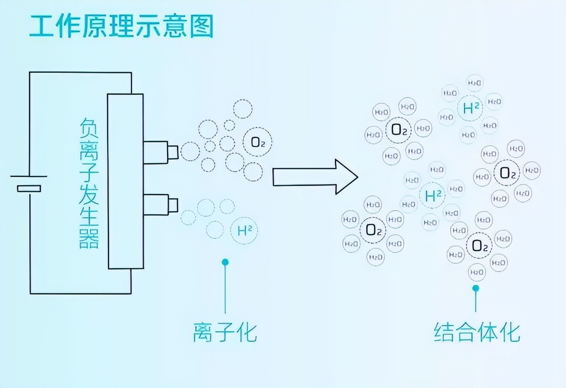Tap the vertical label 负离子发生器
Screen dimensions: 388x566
89,183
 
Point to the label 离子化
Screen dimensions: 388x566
225,333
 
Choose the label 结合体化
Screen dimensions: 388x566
477,333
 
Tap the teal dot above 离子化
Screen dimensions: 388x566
225,262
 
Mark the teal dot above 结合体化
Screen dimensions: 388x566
476,288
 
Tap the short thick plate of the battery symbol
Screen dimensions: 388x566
29,189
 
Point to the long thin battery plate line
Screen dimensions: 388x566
29,176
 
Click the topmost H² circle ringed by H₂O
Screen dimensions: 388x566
470,108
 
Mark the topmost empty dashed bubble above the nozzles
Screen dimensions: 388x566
242,109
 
